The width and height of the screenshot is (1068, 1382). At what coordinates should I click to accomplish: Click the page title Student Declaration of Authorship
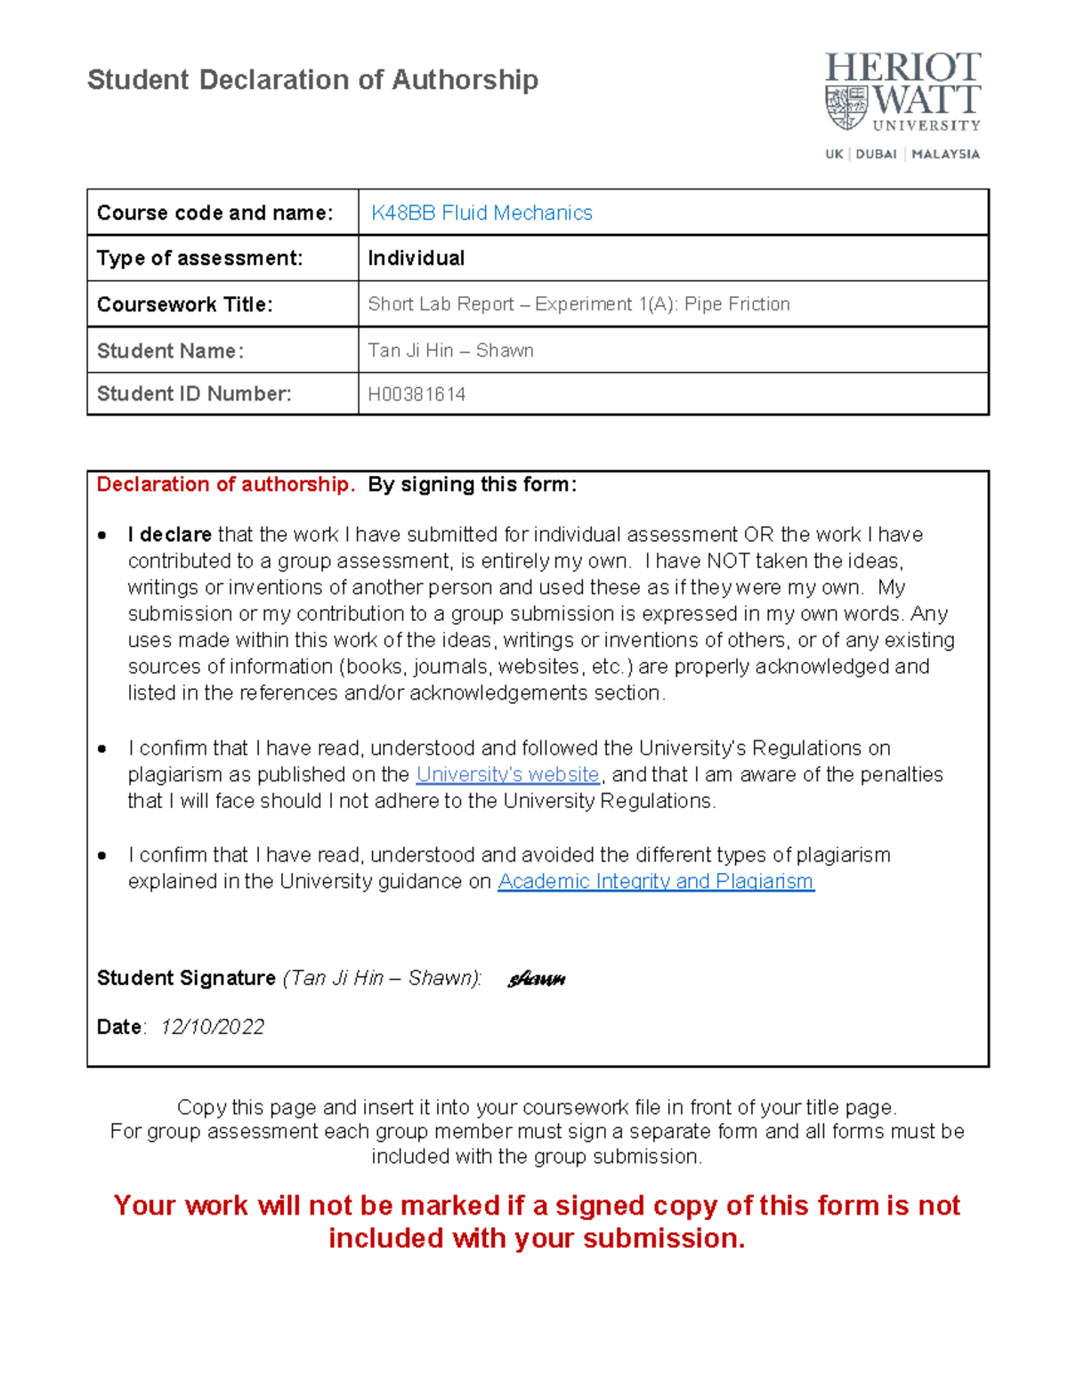coord(312,80)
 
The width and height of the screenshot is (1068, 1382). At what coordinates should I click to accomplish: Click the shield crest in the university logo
coord(846,108)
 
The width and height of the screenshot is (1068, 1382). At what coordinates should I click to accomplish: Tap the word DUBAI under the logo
coord(876,154)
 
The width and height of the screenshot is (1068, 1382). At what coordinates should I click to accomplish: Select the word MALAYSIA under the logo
coord(945,154)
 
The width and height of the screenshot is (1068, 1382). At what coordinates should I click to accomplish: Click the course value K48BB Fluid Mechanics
coord(481,213)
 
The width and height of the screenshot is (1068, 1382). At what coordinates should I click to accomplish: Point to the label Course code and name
coord(214,213)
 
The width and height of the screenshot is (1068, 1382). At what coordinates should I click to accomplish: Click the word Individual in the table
coord(416,258)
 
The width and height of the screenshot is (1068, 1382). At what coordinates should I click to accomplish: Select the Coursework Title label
coord(184,304)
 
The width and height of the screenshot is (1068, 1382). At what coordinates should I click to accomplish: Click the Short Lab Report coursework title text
coord(578,304)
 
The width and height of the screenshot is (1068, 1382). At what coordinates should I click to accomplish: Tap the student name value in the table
coord(450,351)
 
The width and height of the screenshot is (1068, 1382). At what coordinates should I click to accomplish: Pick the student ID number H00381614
coord(417,394)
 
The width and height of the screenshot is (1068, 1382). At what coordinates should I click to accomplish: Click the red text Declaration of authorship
coord(225,484)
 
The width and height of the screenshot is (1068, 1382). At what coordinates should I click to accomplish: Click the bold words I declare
coord(169,535)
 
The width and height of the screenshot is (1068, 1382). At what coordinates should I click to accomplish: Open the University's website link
coord(507,774)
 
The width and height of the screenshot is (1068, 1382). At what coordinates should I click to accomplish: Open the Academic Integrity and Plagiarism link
coord(656,881)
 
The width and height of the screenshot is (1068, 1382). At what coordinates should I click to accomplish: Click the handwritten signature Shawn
coord(537,980)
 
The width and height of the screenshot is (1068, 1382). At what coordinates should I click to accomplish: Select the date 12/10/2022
coord(213,1027)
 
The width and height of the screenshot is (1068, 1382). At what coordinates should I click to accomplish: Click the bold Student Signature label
coord(186,978)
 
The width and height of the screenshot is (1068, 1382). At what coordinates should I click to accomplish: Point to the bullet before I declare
coord(102,536)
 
